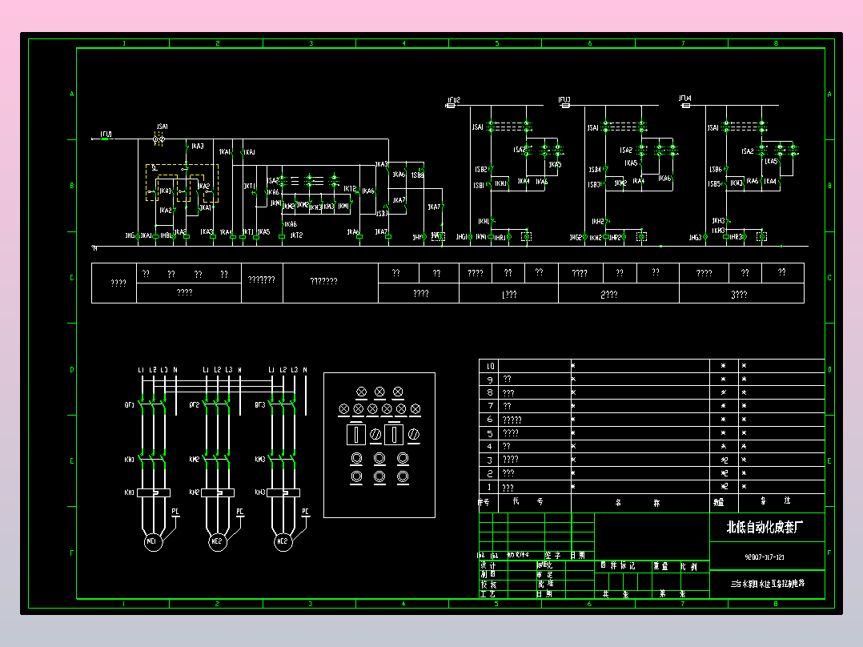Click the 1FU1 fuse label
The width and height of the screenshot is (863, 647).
point(106,134)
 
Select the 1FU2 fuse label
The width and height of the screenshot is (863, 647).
point(454,99)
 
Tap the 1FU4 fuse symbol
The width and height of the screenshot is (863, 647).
point(684,105)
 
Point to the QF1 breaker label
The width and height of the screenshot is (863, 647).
point(129,405)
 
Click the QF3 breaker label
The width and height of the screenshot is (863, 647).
point(260,405)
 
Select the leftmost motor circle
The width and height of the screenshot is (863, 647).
point(152,542)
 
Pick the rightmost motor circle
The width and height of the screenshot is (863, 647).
point(282,542)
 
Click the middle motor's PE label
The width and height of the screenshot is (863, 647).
point(239,510)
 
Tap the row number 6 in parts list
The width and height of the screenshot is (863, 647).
point(490,420)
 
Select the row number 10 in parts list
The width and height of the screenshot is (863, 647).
point(490,366)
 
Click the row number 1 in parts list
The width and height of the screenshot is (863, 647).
point(490,487)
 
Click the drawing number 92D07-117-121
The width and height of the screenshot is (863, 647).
point(764,557)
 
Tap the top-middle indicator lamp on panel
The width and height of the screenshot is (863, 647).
point(379,392)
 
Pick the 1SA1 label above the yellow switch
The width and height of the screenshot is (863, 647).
point(163,127)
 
